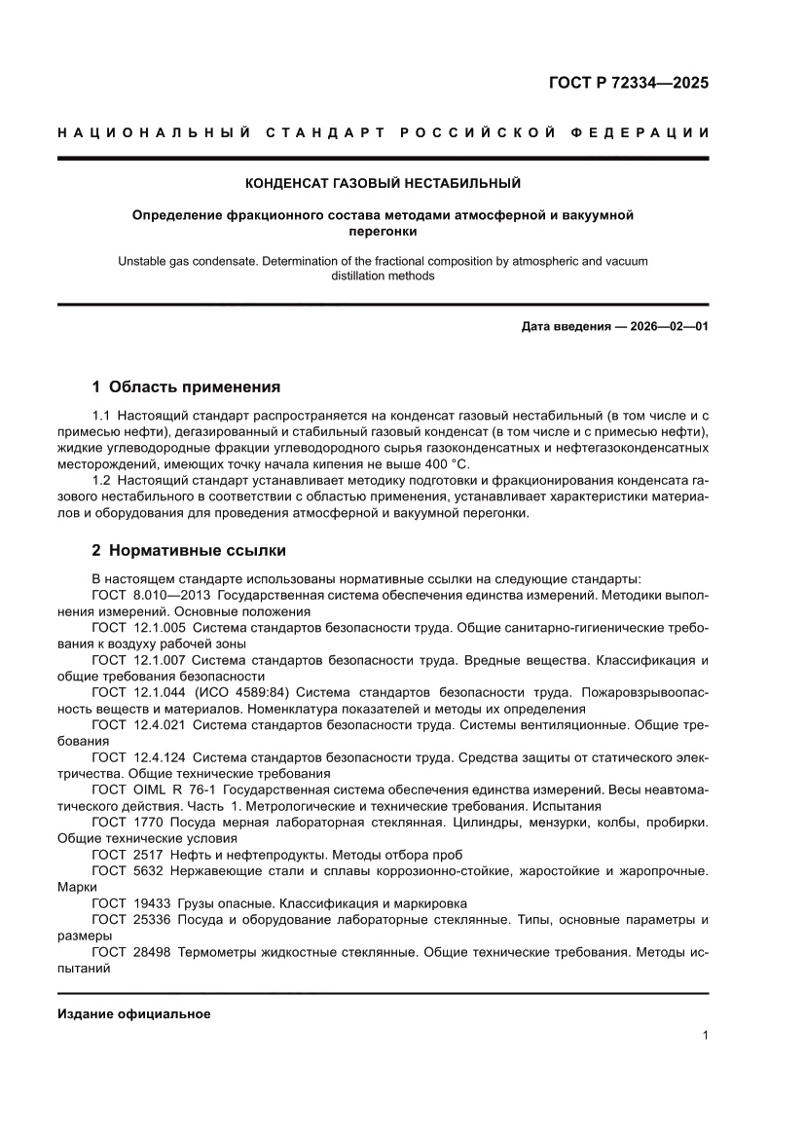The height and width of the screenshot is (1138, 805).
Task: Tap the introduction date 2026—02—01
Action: click(x=661, y=325)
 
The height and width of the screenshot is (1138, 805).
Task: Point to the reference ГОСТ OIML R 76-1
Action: click(x=154, y=790)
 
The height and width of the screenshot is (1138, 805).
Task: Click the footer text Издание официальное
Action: click(x=134, y=1013)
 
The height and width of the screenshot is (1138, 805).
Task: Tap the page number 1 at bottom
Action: click(x=704, y=1036)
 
